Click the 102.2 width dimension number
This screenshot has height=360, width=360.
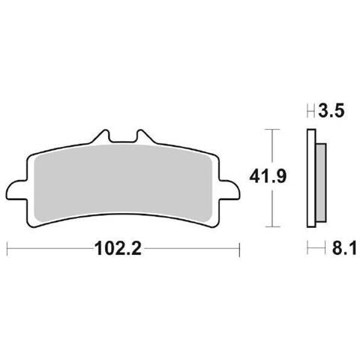pyautogui.click(x=118, y=249)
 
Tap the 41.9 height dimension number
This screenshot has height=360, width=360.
pyautogui.click(x=268, y=177)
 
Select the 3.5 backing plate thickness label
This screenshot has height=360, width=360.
pyautogui.click(x=331, y=111)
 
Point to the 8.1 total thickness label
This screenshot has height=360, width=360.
pyautogui.click(x=344, y=248)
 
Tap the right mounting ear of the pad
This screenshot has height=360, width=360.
pyautogui.click(x=229, y=190)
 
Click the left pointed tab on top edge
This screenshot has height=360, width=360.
pyautogui.click(x=101, y=136)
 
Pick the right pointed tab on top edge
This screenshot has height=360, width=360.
pyautogui.click(x=145, y=136)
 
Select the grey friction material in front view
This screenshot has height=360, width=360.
pyautogui.click(x=122, y=182)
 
